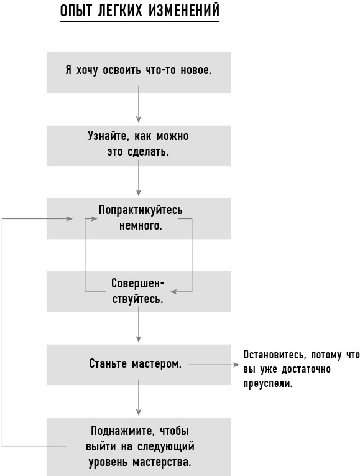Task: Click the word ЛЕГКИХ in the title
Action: [x=120, y=11]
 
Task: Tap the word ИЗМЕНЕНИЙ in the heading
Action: [x=184, y=11]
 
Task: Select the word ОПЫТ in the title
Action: [x=75, y=11]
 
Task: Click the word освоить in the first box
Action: [x=122, y=70]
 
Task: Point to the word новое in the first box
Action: [x=196, y=70]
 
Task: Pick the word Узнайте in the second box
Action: [x=107, y=136]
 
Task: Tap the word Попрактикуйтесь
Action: [x=141, y=210]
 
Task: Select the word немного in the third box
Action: [x=141, y=226]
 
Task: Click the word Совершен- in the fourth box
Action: [x=137, y=284]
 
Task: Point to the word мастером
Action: [x=157, y=363]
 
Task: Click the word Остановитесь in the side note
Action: [x=274, y=355]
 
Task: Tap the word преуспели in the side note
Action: [x=268, y=384]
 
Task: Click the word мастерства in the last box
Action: [x=162, y=462]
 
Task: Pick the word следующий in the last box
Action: [x=166, y=447]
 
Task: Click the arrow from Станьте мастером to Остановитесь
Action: [x=213, y=365]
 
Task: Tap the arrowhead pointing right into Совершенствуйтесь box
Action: [x=173, y=292]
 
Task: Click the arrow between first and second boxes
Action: [x=139, y=104]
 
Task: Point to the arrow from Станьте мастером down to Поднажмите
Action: [x=139, y=398]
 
